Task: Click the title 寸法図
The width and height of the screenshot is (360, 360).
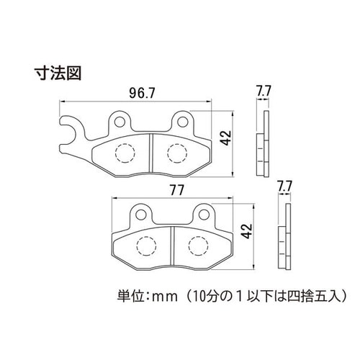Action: [58, 73]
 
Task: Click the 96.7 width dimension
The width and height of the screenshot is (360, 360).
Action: [143, 93]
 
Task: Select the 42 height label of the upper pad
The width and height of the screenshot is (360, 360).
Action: [226, 138]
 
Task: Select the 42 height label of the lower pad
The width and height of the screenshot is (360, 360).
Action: [247, 231]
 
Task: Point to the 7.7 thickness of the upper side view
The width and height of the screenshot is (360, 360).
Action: [264, 91]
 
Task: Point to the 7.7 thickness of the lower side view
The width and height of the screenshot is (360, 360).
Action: [284, 186]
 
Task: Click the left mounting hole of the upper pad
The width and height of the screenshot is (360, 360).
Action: [120, 122]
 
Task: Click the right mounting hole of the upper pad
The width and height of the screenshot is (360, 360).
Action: [182, 122]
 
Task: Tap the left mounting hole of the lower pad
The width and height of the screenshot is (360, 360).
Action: [140, 215]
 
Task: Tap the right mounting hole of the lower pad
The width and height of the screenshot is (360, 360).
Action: [204, 215]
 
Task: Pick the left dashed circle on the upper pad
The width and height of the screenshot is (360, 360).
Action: [125, 153]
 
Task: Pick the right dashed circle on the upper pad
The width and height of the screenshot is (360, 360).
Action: [177, 153]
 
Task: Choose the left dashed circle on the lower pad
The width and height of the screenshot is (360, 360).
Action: [146, 246]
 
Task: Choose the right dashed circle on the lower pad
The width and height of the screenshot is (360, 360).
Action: [198, 246]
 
